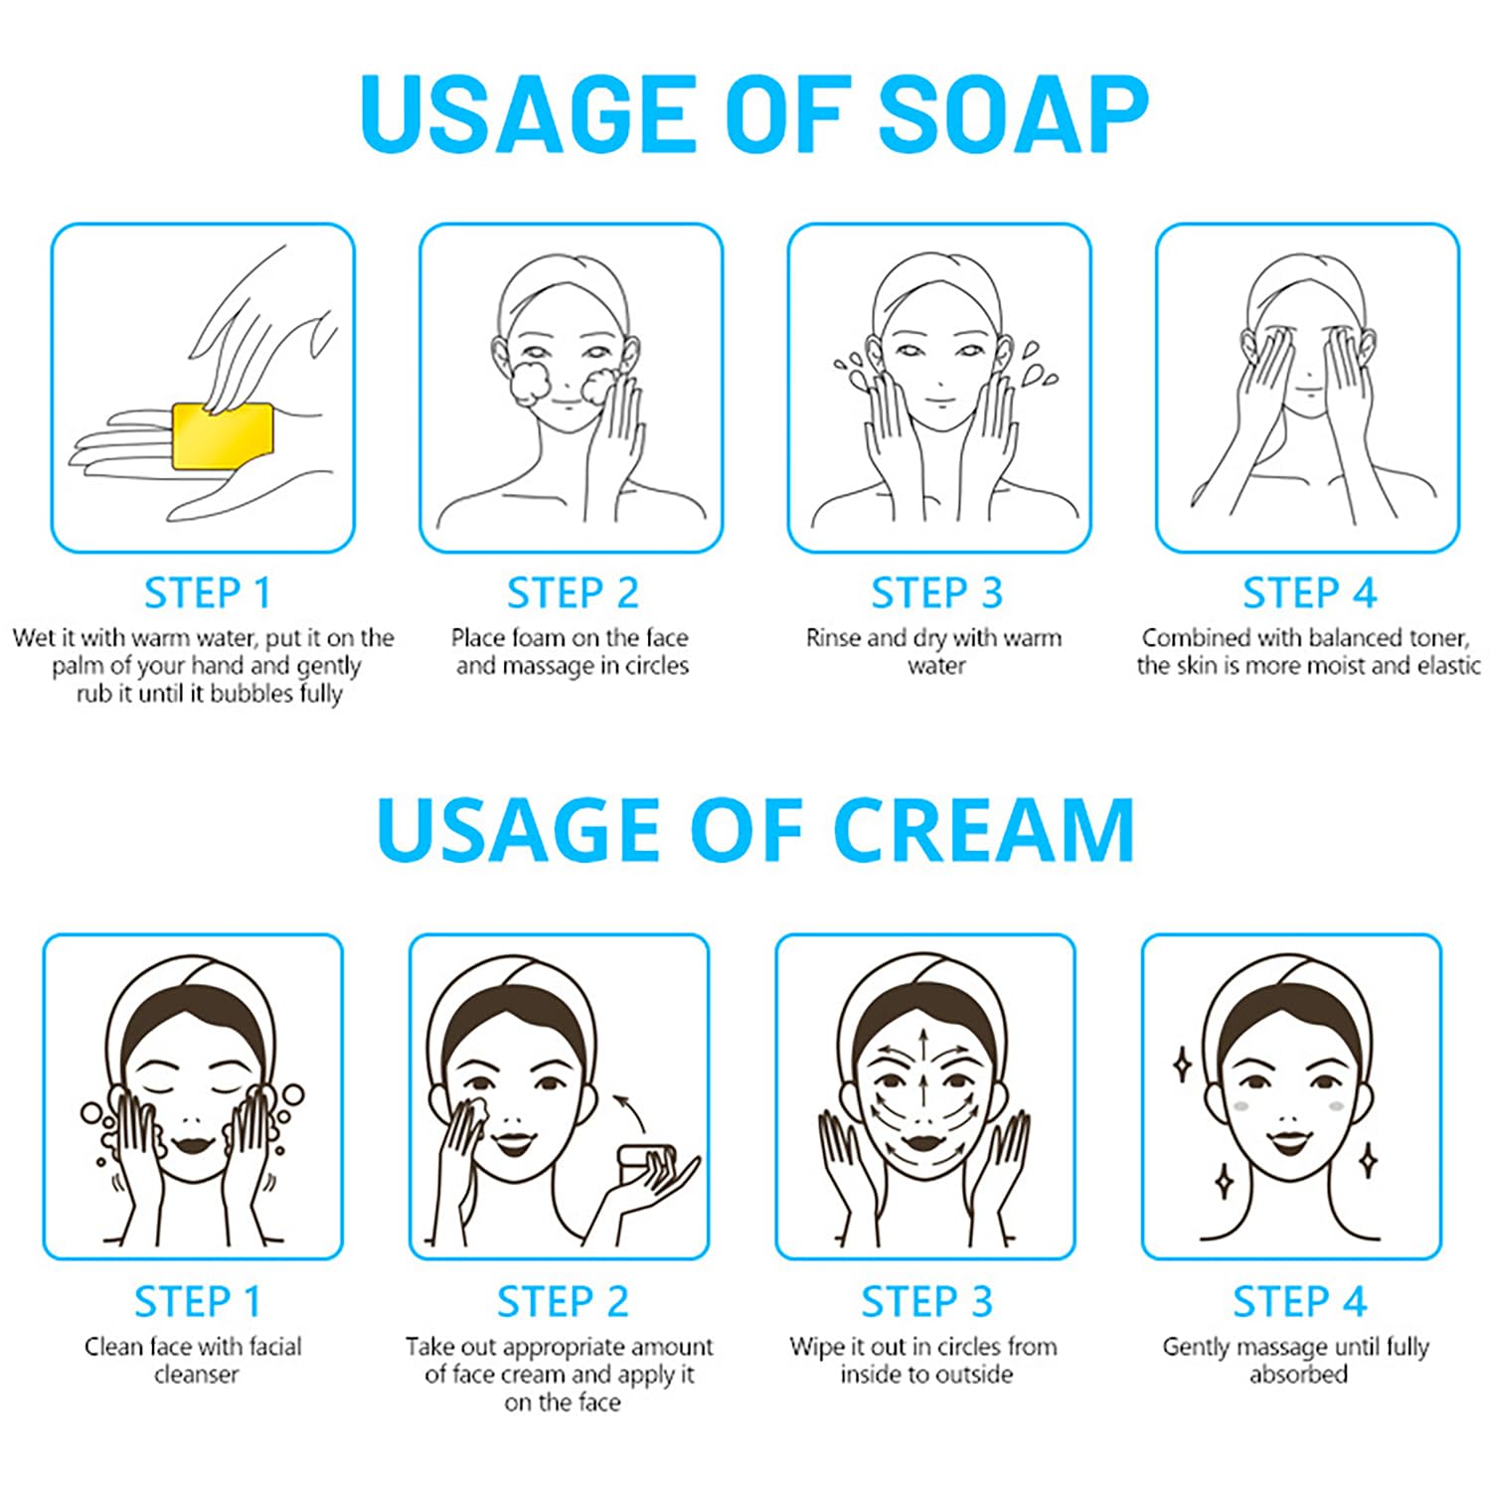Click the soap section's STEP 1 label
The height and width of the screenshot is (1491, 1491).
[207, 593]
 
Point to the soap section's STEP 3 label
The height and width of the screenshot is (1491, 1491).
[937, 593]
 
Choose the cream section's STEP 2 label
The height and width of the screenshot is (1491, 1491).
[563, 1302]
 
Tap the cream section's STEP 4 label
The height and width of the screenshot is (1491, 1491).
[1299, 1302]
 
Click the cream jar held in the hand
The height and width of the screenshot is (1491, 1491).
[647, 1162]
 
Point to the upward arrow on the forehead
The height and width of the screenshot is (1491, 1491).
[924, 1048]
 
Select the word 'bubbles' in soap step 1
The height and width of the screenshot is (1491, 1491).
[252, 693]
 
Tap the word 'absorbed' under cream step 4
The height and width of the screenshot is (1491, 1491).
[1298, 1375]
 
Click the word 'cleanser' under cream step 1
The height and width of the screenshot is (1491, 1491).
[197, 1375]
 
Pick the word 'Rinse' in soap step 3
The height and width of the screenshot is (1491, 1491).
[834, 637]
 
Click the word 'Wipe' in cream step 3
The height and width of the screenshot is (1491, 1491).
[816, 1348]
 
